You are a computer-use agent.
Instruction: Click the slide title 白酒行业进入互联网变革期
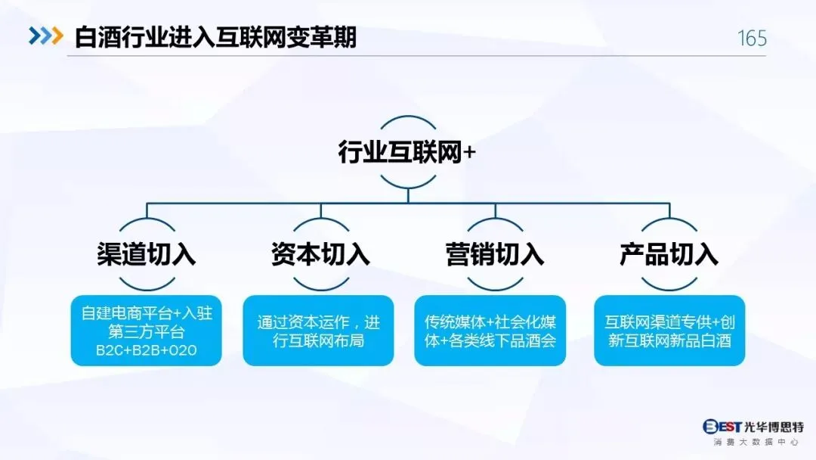click(215, 37)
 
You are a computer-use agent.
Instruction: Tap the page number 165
click(751, 38)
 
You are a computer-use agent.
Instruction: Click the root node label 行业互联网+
click(407, 152)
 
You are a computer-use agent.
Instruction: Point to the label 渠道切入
click(147, 253)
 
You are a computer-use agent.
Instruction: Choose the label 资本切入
click(320, 253)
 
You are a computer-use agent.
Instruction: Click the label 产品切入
click(669, 253)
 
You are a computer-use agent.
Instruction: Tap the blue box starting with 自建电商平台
click(147, 331)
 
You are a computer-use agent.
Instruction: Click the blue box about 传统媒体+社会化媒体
click(490, 331)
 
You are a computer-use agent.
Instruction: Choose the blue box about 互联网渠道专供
click(669, 331)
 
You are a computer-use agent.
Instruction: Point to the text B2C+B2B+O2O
click(147, 352)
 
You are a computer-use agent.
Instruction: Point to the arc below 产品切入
click(669, 284)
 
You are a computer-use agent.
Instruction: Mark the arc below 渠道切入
click(147, 284)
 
